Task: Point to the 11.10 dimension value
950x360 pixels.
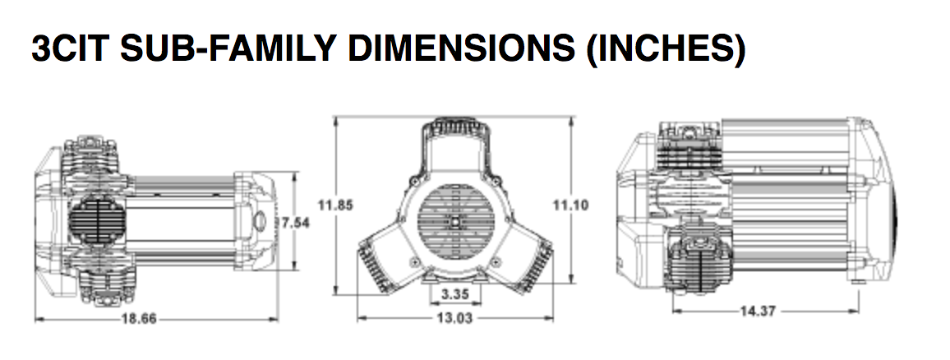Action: tap(570, 205)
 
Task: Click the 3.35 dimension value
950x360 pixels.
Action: tap(454, 294)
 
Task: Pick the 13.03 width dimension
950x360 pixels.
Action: tap(454, 317)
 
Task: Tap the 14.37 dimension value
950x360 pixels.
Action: tap(758, 311)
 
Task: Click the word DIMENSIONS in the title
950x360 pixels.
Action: tap(463, 48)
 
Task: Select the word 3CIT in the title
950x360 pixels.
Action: tap(71, 48)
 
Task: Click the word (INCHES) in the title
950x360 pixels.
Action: tap(665, 49)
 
